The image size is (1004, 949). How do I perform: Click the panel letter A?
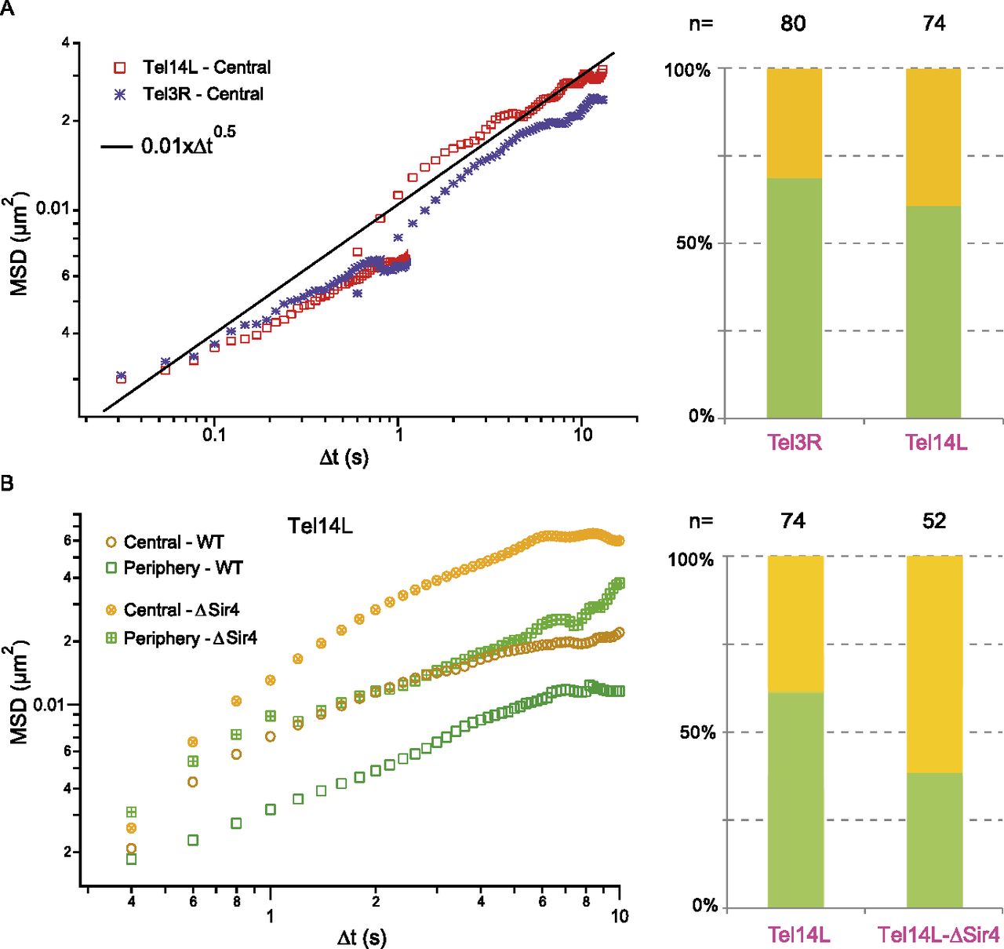7,9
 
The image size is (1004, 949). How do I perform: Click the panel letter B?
7,483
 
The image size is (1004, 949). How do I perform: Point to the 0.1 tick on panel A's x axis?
214,435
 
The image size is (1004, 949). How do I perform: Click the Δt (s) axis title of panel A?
344,458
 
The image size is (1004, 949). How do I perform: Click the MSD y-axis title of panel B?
19,695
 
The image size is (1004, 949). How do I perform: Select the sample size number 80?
793,24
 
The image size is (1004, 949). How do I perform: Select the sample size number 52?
934,521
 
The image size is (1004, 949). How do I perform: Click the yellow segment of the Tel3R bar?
794,123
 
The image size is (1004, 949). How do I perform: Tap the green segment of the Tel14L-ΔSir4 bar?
934,840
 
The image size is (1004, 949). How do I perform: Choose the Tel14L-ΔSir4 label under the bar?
938,935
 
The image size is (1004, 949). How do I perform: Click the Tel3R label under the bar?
795,443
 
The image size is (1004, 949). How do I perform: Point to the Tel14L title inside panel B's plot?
320,526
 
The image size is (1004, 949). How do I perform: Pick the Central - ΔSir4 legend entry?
181,610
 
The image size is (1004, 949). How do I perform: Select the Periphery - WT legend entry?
183,568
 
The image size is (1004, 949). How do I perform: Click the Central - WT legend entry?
173,542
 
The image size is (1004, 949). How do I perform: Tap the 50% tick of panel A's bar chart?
694,243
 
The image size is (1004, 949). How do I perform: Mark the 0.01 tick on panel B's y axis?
49,704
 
